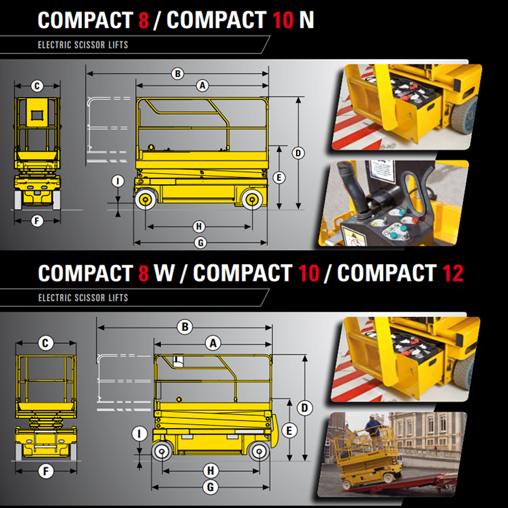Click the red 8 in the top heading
tap(144, 20)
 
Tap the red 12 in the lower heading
tap(453, 273)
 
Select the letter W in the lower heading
tap(164, 273)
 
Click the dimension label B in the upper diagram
tap(178, 74)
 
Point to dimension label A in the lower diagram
tap(213, 344)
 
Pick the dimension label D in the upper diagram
tap(298, 153)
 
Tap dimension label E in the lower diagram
tap(290, 431)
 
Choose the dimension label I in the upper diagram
tap(118, 182)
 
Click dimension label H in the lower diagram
tap(211, 471)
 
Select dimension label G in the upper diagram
tap(201, 243)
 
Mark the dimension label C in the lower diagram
tap(46, 344)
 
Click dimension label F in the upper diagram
tap(37, 221)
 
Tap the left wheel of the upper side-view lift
tap(145, 199)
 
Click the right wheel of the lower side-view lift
tap(259, 451)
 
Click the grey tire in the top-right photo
tap(464, 114)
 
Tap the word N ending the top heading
tap(307, 20)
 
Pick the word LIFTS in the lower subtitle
tap(118, 298)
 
